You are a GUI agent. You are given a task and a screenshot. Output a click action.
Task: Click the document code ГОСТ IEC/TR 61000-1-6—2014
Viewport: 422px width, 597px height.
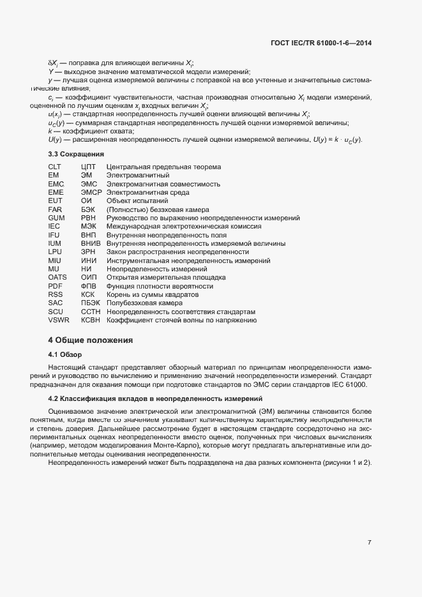pyautogui.click(x=321, y=43)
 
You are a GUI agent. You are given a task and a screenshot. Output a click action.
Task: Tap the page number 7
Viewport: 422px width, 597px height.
pyautogui.click(x=370, y=542)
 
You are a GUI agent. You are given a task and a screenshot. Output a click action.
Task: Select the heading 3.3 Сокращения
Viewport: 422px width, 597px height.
pyautogui.click(x=76, y=155)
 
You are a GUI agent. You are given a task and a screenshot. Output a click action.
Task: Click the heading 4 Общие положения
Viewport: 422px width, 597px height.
pyautogui.click(x=91, y=340)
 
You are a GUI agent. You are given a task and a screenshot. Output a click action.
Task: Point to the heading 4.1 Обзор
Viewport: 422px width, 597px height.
pyautogui.click(x=66, y=354)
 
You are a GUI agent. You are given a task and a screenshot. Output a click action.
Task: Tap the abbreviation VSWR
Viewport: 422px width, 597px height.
pyautogui.click(x=59, y=321)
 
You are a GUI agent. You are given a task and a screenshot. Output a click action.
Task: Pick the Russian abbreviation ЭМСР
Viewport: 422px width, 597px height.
pyautogui.click(x=91, y=192)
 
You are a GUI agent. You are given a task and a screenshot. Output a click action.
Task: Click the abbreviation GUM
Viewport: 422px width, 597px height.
pyautogui.click(x=56, y=218)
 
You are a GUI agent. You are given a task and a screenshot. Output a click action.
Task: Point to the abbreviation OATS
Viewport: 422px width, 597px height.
pyautogui.click(x=57, y=278)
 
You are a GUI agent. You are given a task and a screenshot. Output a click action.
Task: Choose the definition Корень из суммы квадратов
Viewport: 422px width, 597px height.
pyautogui.click(x=153, y=295)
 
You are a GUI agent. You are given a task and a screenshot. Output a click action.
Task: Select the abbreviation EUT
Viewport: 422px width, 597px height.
pyautogui.click(x=55, y=201)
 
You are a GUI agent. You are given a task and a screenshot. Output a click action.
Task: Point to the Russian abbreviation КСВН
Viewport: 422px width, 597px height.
pyautogui.click(x=91, y=321)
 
